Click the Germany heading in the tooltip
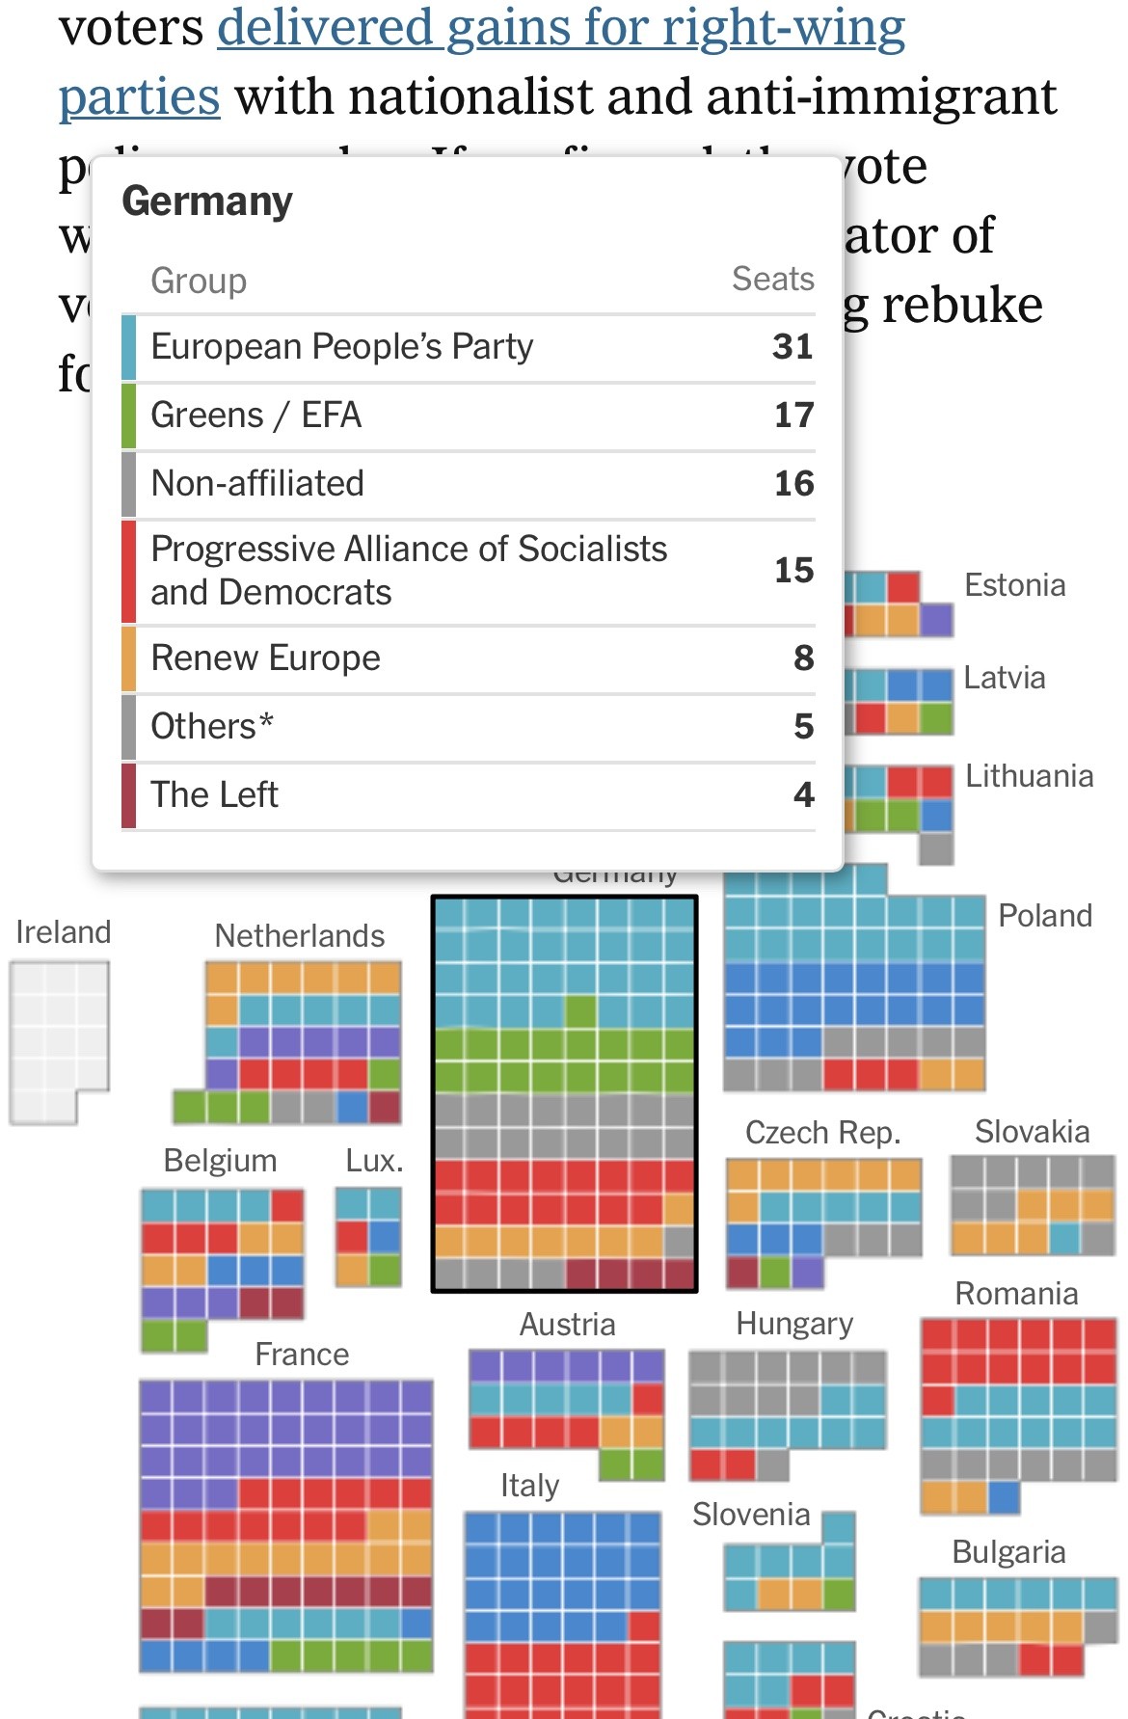tap(207, 201)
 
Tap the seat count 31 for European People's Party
tap(792, 347)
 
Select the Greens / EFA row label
tap(256, 416)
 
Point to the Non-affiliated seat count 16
tap(793, 484)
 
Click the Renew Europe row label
tap(266, 658)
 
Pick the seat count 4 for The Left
tap(803, 795)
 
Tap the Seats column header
tap(772, 280)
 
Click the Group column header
tap(199, 282)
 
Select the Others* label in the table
tap(212, 727)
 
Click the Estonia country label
tap(1015, 585)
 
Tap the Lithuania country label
tap(1029, 776)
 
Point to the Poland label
tap(1045, 916)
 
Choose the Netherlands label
tap(299, 935)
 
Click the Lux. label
tap(374, 1161)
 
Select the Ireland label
tap(64, 932)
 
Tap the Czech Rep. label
tap(822, 1133)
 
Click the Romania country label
tap(1016, 1294)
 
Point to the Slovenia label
tap(751, 1515)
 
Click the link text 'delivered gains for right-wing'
tap(561, 27)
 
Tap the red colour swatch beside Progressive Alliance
tap(128, 571)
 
